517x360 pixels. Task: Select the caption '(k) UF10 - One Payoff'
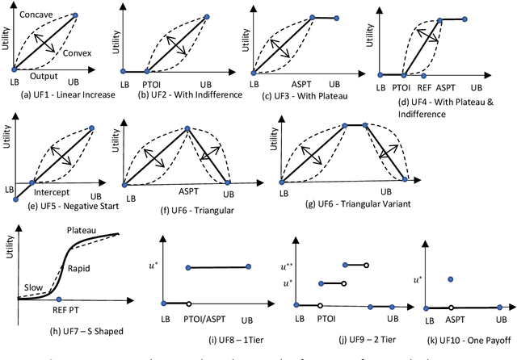point(459,333)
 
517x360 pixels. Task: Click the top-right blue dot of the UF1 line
point(98,15)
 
